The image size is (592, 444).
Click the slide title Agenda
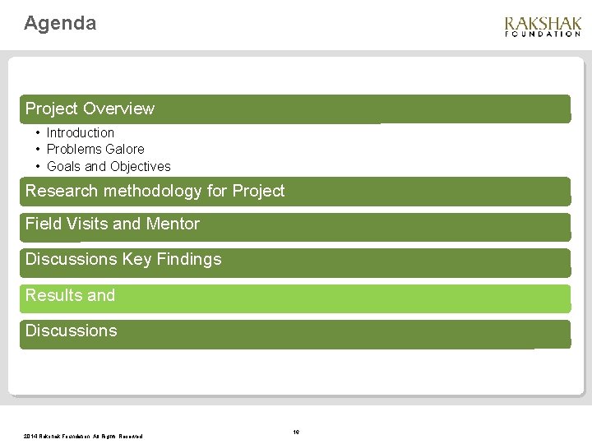[60, 24]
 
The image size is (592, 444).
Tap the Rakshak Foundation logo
[542, 26]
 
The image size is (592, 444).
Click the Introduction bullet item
[80, 132]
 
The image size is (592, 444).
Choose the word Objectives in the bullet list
[141, 166]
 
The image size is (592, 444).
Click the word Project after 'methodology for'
[258, 192]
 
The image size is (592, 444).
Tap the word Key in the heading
[136, 260]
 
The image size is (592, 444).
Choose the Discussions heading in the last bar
[71, 331]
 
